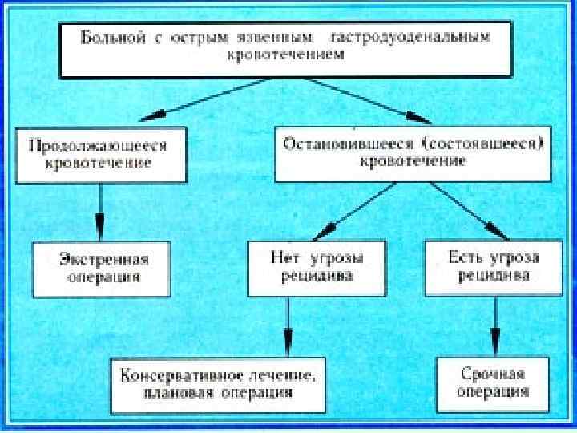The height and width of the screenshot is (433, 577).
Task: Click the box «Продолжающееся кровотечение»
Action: click(98, 154)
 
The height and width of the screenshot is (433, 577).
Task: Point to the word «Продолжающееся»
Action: click(98, 146)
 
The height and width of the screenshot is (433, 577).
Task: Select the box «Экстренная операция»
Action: click(104, 268)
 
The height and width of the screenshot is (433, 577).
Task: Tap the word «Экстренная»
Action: click(104, 259)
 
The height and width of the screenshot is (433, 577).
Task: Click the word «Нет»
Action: click(283, 258)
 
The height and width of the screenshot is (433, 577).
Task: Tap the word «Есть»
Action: click(462, 258)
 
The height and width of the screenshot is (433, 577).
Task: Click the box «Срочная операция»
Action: click(493, 383)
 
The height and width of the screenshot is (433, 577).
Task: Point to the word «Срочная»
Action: click(493, 374)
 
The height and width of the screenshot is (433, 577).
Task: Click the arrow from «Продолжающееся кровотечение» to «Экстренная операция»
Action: click(100, 210)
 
